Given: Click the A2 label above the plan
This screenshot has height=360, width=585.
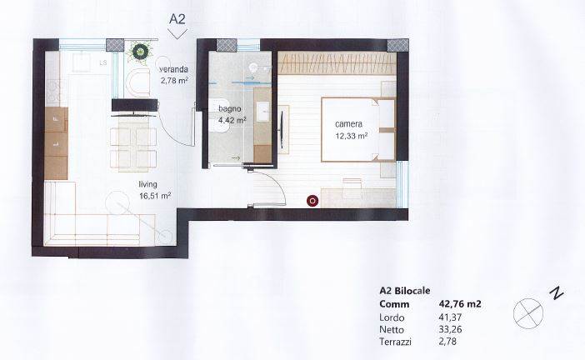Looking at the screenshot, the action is pyautogui.click(x=177, y=18).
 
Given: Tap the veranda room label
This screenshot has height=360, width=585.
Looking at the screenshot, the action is pyautogui.click(x=174, y=69).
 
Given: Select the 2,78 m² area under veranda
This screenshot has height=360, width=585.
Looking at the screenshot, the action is pyautogui.click(x=174, y=81).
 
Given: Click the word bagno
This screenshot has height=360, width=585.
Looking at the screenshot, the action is pyautogui.click(x=230, y=109).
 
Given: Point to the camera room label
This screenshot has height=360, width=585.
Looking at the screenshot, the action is pyautogui.click(x=348, y=124).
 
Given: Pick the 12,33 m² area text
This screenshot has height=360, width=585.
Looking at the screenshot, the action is pyautogui.click(x=352, y=136).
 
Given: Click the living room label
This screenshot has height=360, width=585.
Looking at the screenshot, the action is pyautogui.click(x=147, y=184).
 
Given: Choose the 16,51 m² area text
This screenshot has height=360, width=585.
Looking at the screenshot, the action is pyautogui.click(x=155, y=196).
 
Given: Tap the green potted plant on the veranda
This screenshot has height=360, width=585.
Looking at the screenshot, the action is pyautogui.click(x=140, y=52).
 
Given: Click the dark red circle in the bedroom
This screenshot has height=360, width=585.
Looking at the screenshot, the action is pyautogui.click(x=312, y=201).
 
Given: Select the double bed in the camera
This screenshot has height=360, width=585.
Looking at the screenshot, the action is pyautogui.click(x=358, y=129).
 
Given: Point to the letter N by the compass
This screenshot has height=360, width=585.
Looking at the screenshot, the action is pyautogui.click(x=557, y=292).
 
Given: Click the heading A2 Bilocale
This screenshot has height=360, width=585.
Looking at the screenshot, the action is pyautogui.click(x=404, y=291).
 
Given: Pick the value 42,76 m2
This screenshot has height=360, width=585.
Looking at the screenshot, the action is pyautogui.click(x=458, y=304).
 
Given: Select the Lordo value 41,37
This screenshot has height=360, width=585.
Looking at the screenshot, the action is pyautogui.click(x=449, y=317).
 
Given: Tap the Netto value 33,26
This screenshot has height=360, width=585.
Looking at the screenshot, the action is pyautogui.click(x=449, y=329).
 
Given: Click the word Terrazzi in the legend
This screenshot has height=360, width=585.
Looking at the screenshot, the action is pyautogui.click(x=395, y=342).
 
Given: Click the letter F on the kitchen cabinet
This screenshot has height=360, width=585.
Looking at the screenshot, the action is pyautogui.click(x=56, y=119).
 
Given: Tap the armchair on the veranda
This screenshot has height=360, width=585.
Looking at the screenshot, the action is pyautogui.click(x=137, y=82).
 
